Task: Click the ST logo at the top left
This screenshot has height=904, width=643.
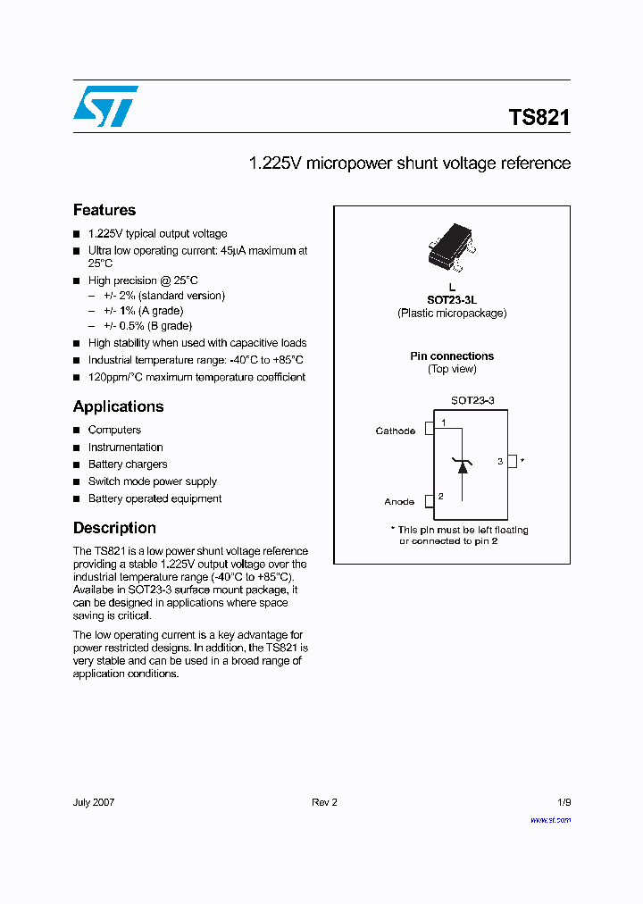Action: pos(105,106)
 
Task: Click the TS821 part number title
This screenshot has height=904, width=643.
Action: pos(539,118)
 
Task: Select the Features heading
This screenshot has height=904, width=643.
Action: pos(104,211)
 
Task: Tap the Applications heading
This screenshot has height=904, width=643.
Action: pos(118,406)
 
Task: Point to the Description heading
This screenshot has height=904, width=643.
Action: pos(114,528)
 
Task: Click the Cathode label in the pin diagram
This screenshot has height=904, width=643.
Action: pos(395,431)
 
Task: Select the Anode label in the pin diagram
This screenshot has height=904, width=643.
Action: pos(399,502)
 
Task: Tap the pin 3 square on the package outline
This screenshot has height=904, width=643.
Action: pos(512,461)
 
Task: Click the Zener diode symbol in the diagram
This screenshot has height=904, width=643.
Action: pos(462,464)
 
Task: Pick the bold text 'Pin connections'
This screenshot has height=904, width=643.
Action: pos(452,356)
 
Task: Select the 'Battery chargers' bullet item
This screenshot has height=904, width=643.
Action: pos(127,465)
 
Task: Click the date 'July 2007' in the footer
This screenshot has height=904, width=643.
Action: pos(94,802)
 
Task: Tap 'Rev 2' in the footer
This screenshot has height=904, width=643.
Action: pos(324,802)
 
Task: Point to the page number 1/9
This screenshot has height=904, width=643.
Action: pos(562,802)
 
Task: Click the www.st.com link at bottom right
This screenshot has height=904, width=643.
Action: pos(550,819)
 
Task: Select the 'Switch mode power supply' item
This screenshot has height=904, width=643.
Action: pos(152,481)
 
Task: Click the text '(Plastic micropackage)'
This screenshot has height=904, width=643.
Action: pos(452,314)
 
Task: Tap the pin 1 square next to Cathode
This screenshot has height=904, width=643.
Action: pos(430,427)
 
